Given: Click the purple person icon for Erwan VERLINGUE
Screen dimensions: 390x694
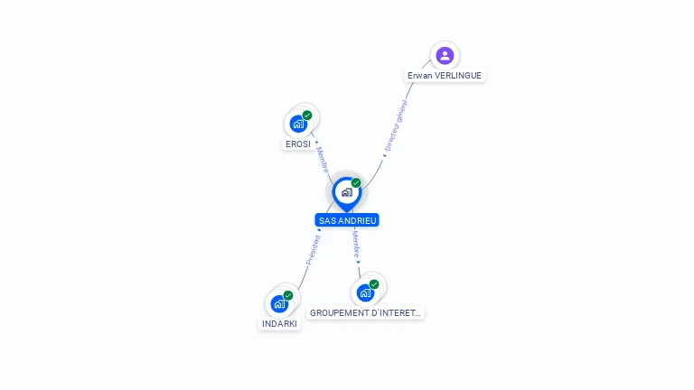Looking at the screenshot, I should [444, 56].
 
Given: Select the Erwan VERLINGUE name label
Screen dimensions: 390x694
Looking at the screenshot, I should [445, 76].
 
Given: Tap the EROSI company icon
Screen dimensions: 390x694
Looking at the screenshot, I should [298, 124].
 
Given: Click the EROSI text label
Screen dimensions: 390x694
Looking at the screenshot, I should [298, 144].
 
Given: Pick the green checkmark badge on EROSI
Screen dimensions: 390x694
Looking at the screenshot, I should [307, 116].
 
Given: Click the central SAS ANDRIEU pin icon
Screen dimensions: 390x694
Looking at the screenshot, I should [346, 192].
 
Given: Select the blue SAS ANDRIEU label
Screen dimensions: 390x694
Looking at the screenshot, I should [347, 220].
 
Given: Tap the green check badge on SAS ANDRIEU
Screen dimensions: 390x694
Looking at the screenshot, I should [356, 183].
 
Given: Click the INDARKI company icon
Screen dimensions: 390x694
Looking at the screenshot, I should [279, 303].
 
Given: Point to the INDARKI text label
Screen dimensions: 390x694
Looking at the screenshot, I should [279, 323].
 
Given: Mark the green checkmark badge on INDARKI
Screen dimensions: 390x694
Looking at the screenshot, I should [288, 295].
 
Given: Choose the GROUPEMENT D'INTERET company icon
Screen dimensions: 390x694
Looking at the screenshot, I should [364, 292].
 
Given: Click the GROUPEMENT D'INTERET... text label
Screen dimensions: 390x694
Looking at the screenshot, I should [365, 312].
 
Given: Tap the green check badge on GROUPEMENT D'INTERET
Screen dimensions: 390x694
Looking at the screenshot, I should [374, 284].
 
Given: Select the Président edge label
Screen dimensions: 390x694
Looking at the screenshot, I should [313, 249].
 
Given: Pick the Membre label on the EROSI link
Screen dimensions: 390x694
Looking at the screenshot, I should [323, 159].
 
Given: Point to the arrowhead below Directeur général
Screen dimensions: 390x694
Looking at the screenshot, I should [384, 155].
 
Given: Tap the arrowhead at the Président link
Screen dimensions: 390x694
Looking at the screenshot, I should [319, 230].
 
